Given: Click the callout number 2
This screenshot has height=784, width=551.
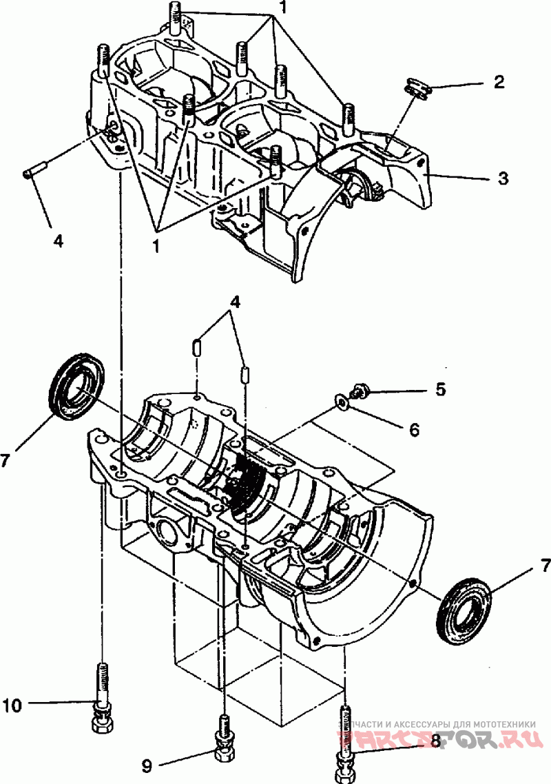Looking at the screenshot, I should tap(499, 83).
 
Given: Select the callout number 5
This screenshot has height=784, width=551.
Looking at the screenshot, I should tap(440, 389).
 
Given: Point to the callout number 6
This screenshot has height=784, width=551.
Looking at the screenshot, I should tap(414, 429).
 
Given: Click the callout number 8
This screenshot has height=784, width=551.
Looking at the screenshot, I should tap(435, 741).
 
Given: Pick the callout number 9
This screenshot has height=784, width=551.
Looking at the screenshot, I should tap(146, 764).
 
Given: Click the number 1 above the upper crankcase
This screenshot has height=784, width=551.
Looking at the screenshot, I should tap(282, 8).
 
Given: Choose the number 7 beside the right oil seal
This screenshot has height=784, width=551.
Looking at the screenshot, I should tap(545, 566).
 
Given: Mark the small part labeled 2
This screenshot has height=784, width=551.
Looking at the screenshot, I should tap(414, 87).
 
